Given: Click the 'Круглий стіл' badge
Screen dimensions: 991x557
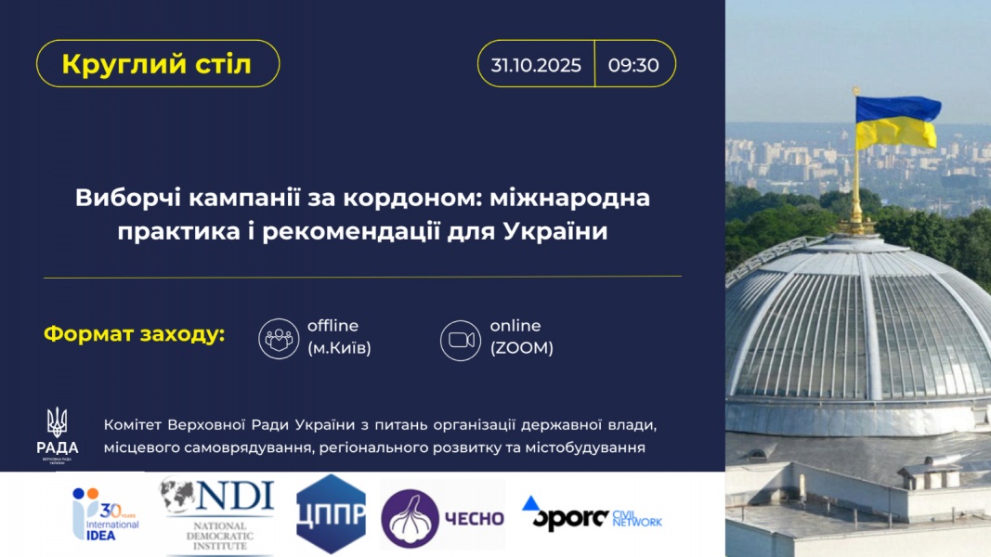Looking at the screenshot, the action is pyautogui.click(x=157, y=64).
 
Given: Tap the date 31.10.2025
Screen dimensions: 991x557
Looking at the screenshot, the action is pyautogui.click(x=536, y=65).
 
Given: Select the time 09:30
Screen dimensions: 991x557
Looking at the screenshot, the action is pyautogui.click(x=633, y=65).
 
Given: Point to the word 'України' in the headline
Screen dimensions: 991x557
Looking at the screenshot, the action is pyautogui.click(x=555, y=231).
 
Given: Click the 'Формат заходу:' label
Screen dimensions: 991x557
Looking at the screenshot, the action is pyautogui.click(x=134, y=333).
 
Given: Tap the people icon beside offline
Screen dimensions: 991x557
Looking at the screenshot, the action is pyautogui.click(x=279, y=339).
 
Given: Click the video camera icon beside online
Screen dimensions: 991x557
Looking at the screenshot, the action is pyautogui.click(x=461, y=341).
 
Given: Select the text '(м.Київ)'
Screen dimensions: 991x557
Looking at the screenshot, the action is pyautogui.click(x=339, y=348).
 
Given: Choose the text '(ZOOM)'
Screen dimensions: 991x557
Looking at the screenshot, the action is pyautogui.click(x=521, y=348).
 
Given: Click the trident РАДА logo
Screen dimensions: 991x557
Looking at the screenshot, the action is pyautogui.click(x=57, y=435).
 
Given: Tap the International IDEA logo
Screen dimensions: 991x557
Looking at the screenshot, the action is pyautogui.click(x=105, y=514).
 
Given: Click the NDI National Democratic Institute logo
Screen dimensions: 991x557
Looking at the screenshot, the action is pyautogui.click(x=218, y=514).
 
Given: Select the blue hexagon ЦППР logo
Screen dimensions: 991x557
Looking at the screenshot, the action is pyautogui.click(x=331, y=514).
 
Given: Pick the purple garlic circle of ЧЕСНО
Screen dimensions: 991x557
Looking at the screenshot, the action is pyautogui.click(x=410, y=519).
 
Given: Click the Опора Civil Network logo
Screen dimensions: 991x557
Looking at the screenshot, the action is pyautogui.click(x=591, y=512).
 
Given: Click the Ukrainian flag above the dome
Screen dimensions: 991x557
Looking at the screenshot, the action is pyautogui.click(x=897, y=122).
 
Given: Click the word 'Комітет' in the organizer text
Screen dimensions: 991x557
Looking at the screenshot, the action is pyautogui.click(x=134, y=425).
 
